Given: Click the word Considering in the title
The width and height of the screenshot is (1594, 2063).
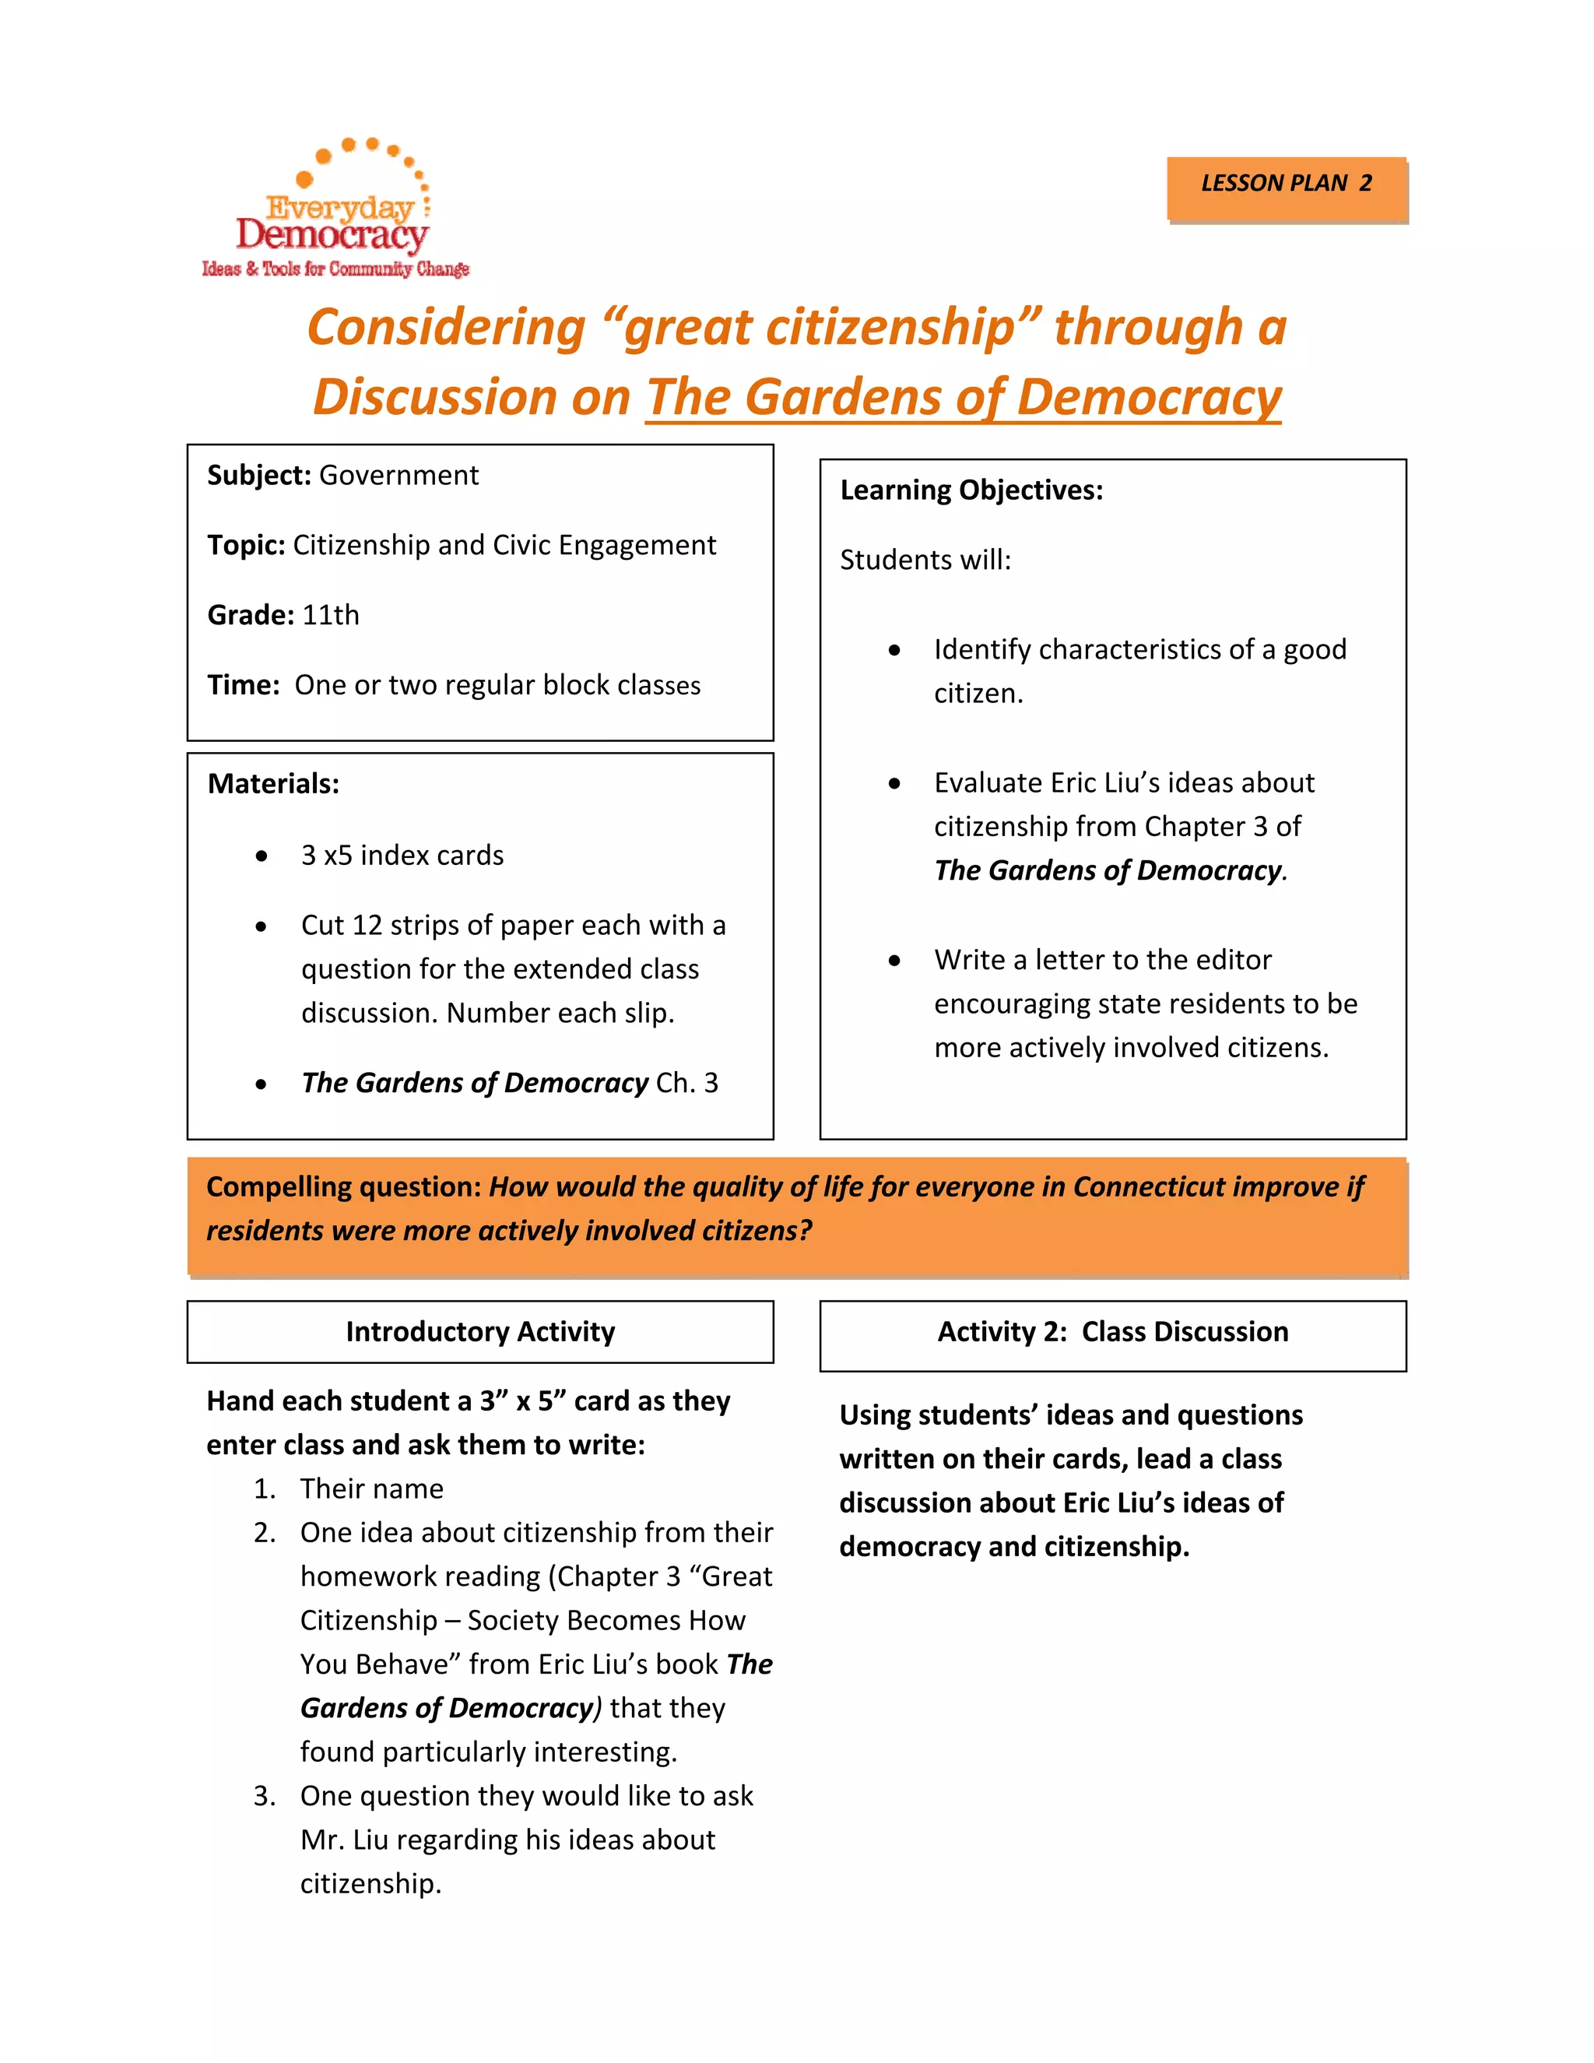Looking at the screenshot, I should click(x=447, y=328).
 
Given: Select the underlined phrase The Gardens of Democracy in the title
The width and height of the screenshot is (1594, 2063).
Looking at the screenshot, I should click(x=964, y=397).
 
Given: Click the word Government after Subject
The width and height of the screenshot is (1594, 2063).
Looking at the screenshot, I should click(x=398, y=475).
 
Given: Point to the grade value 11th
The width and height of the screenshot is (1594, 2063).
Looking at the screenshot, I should click(x=331, y=615).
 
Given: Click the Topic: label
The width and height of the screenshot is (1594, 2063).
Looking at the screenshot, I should click(x=245, y=545).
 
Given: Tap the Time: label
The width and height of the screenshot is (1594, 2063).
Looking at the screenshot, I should click(x=243, y=685).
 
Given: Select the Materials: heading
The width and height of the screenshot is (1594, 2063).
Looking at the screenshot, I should click(x=273, y=784).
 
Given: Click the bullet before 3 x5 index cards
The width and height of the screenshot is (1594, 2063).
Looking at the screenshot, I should click(x=262, y=856).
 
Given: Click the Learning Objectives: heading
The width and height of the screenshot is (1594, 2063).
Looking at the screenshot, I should click(x=971, y=490).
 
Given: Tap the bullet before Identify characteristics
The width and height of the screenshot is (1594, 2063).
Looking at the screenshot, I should click(x=894, y=650).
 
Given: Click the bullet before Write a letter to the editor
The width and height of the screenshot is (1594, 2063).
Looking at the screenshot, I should click(x=894, y=961).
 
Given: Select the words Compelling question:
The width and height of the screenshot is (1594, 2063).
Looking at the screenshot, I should click(x=344, y=1187).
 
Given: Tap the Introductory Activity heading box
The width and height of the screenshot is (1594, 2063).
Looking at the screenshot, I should click(x=479, y=1332).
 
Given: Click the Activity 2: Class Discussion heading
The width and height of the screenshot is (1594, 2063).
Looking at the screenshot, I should click(x=1112, y=1332).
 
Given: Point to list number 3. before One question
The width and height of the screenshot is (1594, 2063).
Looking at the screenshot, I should click(x=265, y=1796).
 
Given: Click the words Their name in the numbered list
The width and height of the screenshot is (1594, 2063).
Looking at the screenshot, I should click(x=371, y=1488).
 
